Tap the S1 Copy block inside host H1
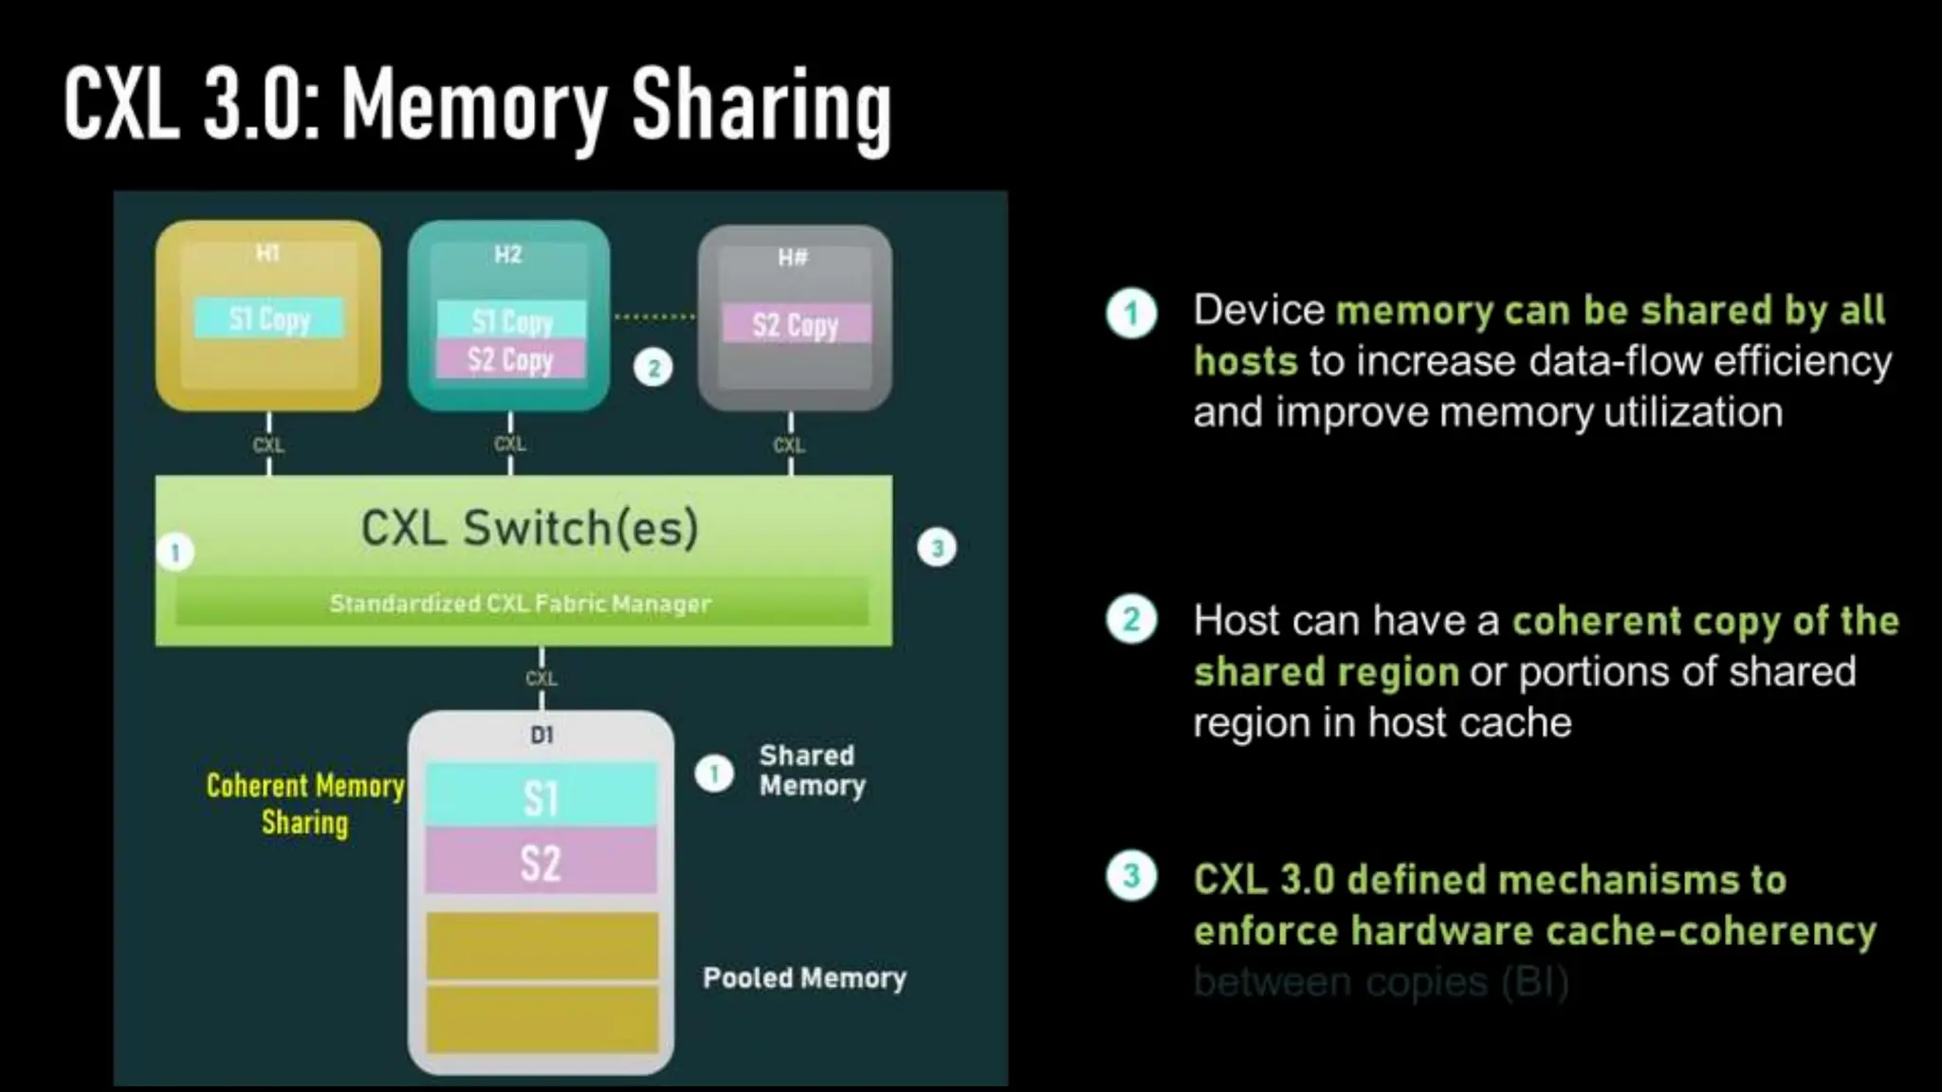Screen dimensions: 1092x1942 [269, 318]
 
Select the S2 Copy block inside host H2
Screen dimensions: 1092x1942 [510, 360]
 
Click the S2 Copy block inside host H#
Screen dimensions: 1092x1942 [796, 324]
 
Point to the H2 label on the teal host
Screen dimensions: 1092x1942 [508, 254]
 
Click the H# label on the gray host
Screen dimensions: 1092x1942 [793, 258]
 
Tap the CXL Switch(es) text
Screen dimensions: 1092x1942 [529, 528]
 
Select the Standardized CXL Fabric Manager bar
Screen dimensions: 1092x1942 [521, 604]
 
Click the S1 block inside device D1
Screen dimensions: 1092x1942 [540, 796]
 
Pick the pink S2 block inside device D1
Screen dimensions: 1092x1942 [540, 863]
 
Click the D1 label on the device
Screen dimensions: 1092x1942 [541, 735]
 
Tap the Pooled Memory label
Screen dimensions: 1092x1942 [804, 977]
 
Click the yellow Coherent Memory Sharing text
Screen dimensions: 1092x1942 [305, 804]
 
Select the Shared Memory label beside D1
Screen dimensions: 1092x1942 [812, 770]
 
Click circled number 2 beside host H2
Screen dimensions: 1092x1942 [653, 368]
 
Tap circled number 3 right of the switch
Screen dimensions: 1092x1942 [937, 548]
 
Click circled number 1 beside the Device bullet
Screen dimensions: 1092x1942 [1131, 314]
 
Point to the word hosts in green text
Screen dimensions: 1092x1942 [1245, 361]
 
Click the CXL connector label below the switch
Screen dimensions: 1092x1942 [541, 679]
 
